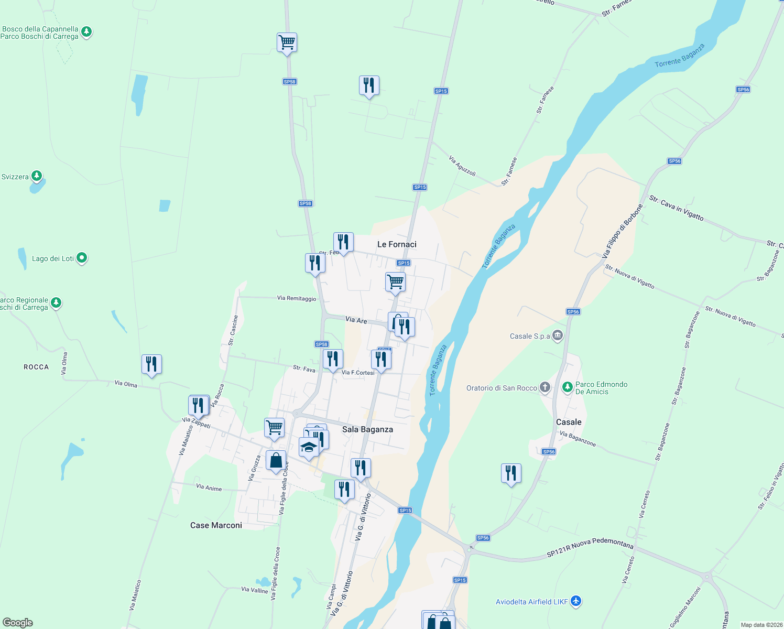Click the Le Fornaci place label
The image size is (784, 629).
397,244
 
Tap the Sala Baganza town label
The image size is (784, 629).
367,429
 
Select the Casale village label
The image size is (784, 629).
569,422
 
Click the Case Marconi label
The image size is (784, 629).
216,525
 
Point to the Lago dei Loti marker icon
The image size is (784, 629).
82,258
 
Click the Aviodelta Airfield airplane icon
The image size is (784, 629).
576,601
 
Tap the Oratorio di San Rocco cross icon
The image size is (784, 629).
545,387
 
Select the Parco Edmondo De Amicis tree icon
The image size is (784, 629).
567,387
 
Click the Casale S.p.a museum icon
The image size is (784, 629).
557,335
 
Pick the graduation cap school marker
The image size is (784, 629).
309,448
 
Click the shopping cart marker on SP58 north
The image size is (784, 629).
287,42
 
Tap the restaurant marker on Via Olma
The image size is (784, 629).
151,364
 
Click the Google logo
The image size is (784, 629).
18,622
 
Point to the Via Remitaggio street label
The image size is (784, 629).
297,298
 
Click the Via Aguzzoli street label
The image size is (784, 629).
462,166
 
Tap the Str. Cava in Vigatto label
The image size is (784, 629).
676,207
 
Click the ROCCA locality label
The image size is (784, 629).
36,367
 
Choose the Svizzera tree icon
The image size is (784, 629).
37,176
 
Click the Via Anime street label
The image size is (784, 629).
209,487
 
